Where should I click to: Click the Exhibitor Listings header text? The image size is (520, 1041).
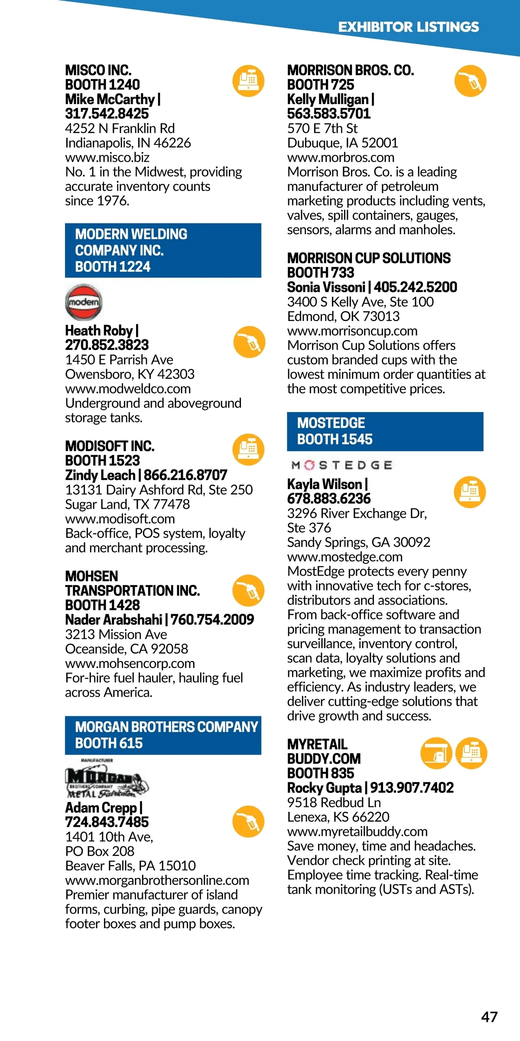click(x=408, y=27)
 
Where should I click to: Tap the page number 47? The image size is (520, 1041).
click(x=489, y=1017)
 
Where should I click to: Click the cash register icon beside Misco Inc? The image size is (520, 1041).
click(x=248, y=81)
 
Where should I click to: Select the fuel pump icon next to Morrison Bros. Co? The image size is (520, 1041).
click(x=470, y=81)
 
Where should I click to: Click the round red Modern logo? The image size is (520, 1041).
click(x=84, y=302)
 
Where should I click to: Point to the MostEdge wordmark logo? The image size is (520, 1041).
click(x=342, y=465)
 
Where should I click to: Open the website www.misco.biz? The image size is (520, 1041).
click(x=107, y=157)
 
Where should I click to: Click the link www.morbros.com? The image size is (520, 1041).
click(x=341, y=157)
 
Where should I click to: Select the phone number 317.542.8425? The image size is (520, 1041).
click(x=107, y=114)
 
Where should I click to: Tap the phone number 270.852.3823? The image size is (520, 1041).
click(x=107, y=345)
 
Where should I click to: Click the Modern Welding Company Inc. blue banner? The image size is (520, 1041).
click(x=163, y=250)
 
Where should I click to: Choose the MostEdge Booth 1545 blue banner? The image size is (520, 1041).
click(x=385, y=431)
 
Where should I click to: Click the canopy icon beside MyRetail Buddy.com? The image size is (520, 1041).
click(x=436, y=753)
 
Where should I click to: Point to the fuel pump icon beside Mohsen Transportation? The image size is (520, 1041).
click(x=248, y=590)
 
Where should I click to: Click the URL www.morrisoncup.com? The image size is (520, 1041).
click(x=352, y=331)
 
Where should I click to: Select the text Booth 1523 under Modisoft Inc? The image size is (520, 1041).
click(x=103, y=461)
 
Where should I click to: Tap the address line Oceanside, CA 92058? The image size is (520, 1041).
click(x=127, y=649)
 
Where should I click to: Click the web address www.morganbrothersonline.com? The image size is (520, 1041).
click(x=157, y=880)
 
